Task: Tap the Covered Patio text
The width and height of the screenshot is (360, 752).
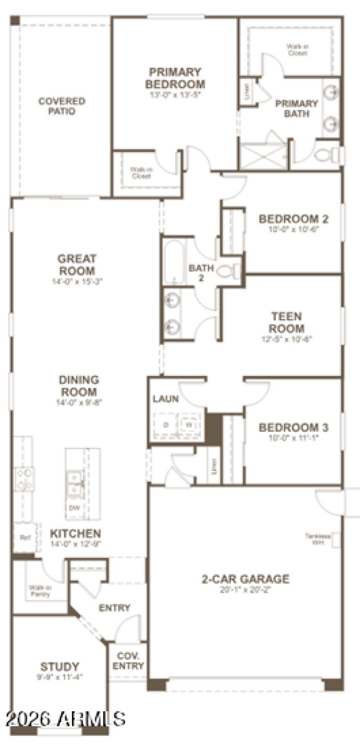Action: point(62,106)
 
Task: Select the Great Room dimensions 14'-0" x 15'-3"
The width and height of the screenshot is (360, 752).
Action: point(76,282)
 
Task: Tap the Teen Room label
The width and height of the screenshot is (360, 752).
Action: point(287,322)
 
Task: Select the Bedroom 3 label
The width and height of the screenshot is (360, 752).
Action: point(293,427)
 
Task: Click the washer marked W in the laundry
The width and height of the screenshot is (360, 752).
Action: point(189,424)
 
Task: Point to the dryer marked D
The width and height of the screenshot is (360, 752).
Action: point(166,424)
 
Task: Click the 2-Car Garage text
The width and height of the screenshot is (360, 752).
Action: point(245,579)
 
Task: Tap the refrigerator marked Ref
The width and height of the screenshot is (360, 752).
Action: point(24,537)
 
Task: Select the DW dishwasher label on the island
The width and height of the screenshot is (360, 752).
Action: point(74,508)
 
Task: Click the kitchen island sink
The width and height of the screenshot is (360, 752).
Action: point(74,483)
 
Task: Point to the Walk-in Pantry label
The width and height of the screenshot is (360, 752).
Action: point(40,591)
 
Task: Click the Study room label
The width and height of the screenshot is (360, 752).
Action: point(59,666)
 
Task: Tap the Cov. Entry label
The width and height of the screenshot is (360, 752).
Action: point(128,661)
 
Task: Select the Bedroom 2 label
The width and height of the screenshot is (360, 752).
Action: point(293,219)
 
